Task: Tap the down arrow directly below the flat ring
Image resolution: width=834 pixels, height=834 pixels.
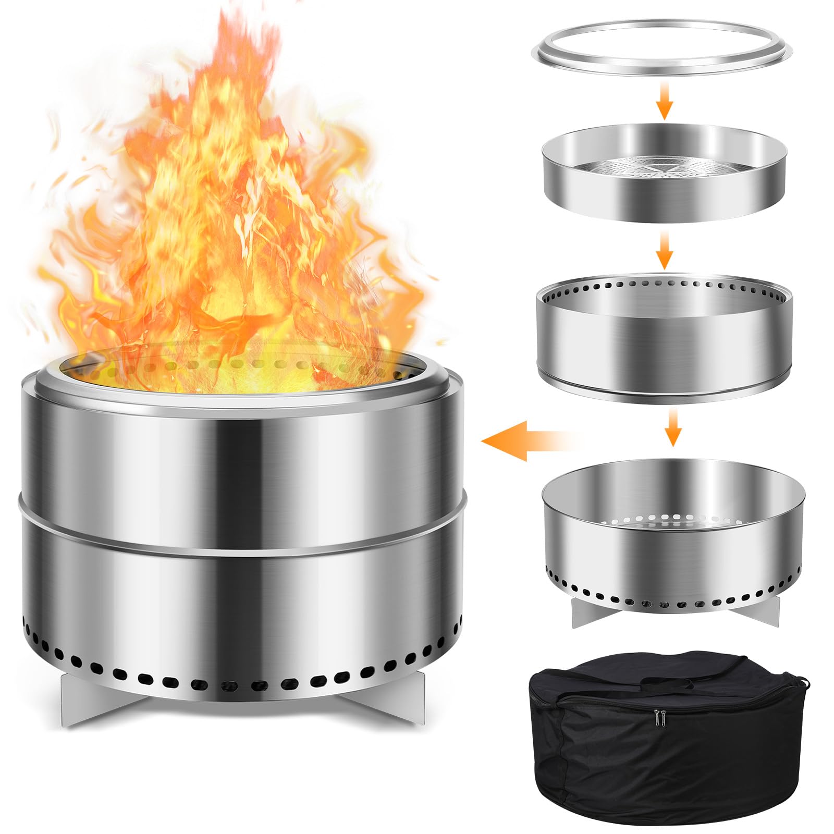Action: [664, 106]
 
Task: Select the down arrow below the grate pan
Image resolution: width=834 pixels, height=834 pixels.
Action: [664, 250]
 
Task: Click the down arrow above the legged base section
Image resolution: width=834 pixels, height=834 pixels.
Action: [673, 427]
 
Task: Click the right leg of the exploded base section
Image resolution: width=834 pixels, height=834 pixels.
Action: [764, 611]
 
